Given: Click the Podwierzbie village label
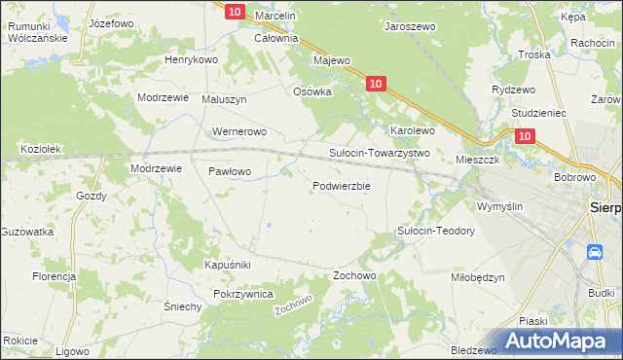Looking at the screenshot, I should [341, 186].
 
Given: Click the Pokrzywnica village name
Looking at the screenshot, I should [243, 293].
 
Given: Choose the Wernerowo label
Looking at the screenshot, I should [238, 130].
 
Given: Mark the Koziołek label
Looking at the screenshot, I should [41, 149].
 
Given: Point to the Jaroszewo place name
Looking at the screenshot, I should [410, 28].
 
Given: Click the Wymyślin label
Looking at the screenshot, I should [499, 206].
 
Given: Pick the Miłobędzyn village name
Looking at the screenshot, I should [478, 276].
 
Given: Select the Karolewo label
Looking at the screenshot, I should [412, 129].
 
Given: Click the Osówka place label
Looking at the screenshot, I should [313, 91].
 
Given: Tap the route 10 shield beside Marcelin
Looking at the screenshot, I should [235, 11].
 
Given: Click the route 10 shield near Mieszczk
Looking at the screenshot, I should [525, 138].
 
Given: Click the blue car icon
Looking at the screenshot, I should [594, 252].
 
